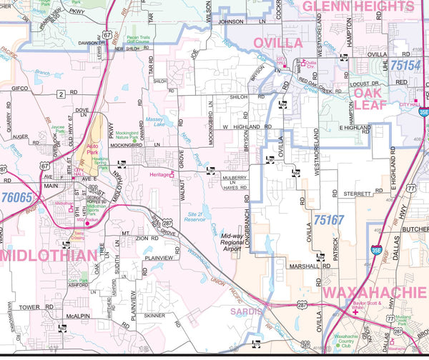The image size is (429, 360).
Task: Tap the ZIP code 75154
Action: click(406, 65)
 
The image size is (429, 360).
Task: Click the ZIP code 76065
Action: click(16, 196)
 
